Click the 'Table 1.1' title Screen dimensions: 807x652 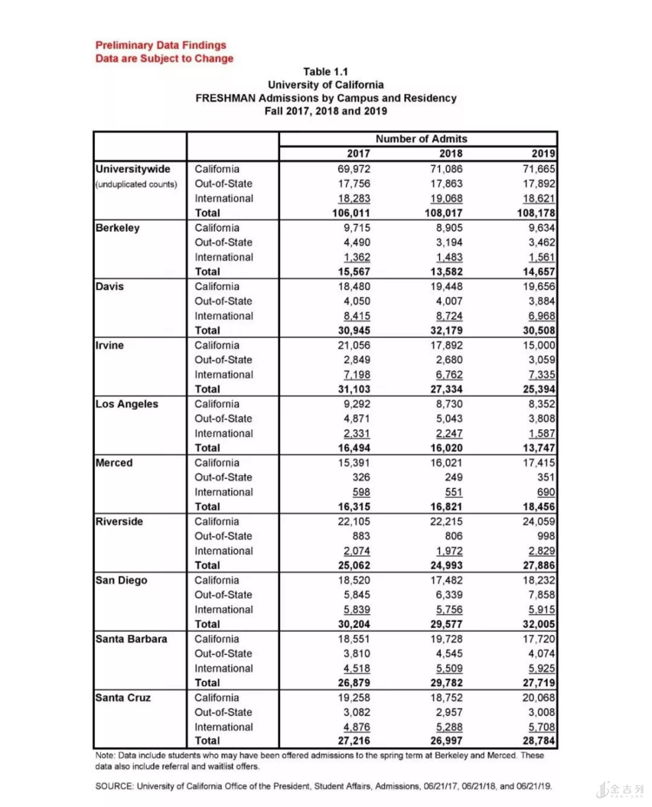click(326, 71)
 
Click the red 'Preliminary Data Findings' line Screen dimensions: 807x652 click(161, 45)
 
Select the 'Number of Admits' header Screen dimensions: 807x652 click(421, 139)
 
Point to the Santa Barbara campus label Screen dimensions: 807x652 click(131, 638)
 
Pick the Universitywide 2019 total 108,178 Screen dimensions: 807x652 click(534, 213)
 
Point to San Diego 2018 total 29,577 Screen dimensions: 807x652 click(444, 624)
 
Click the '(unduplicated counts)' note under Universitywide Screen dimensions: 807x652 click(136, 184)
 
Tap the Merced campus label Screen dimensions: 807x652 click(114, 462)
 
